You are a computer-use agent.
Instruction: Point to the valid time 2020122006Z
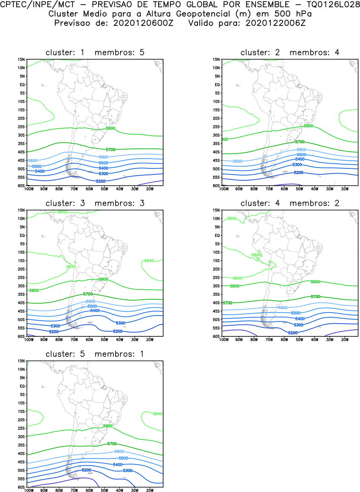[x=275, y=23]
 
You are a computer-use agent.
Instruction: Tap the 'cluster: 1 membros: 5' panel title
[x=95, y=52]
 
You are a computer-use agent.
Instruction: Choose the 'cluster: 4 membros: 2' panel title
[x=290, y=203]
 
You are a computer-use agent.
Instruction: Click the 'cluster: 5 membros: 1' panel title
[x=95, y=354]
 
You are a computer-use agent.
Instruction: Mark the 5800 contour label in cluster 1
[x=110, y=128]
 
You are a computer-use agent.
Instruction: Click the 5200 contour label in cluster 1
[x=101, y=181]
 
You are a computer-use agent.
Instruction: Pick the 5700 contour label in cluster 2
[x=300, y=142]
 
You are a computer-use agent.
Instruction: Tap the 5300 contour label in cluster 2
[x=297, y=165]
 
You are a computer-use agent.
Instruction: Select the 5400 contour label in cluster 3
[x=95, y=311]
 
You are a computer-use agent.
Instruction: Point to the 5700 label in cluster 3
[x=88, y=294]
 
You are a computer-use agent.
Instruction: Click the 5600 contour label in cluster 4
[x=283, y=307]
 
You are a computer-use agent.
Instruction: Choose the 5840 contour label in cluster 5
[x=158, y=414]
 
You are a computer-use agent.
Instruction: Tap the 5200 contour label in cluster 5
[x=86, y=470]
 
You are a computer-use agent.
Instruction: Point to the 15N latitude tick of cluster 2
[x=216, y=59]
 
